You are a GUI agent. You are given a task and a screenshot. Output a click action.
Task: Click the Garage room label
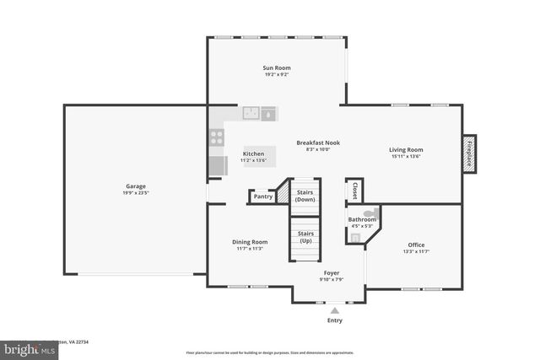click(x=136, y=186)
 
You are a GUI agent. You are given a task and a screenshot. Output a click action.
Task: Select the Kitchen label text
click(x=254, y=154)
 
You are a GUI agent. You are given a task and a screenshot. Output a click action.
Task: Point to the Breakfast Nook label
click(x=317, y=143)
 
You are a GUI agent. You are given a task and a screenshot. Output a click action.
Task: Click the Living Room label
click(x=406, y=149)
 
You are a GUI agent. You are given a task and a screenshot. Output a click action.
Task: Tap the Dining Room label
click(x=250, y=242)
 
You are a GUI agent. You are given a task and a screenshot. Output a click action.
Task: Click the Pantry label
click(x=263, y=196)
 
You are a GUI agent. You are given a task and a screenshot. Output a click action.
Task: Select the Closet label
click(x=355, y=191)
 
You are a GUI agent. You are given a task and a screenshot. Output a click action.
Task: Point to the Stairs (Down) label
click(x=305, y=196)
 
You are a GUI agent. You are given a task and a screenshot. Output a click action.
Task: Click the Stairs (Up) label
click(x=305, y=236)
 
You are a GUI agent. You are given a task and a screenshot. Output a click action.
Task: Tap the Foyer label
click(x=332, y=273)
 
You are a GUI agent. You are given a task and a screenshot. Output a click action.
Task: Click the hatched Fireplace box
click(x=469, y=153)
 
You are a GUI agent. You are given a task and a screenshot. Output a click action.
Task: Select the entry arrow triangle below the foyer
click(x=334, y=311)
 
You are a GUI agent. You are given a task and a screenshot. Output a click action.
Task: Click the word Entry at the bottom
click(x=335, y=321)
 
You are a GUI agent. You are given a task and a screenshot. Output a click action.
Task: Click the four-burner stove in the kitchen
click(x=217, y=137)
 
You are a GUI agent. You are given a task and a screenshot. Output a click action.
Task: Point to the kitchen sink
click(x=251, y=113)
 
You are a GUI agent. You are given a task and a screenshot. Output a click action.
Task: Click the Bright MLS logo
click(x=26, y=347)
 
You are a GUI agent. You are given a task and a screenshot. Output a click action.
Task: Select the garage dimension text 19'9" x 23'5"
click(x=136, y=193)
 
